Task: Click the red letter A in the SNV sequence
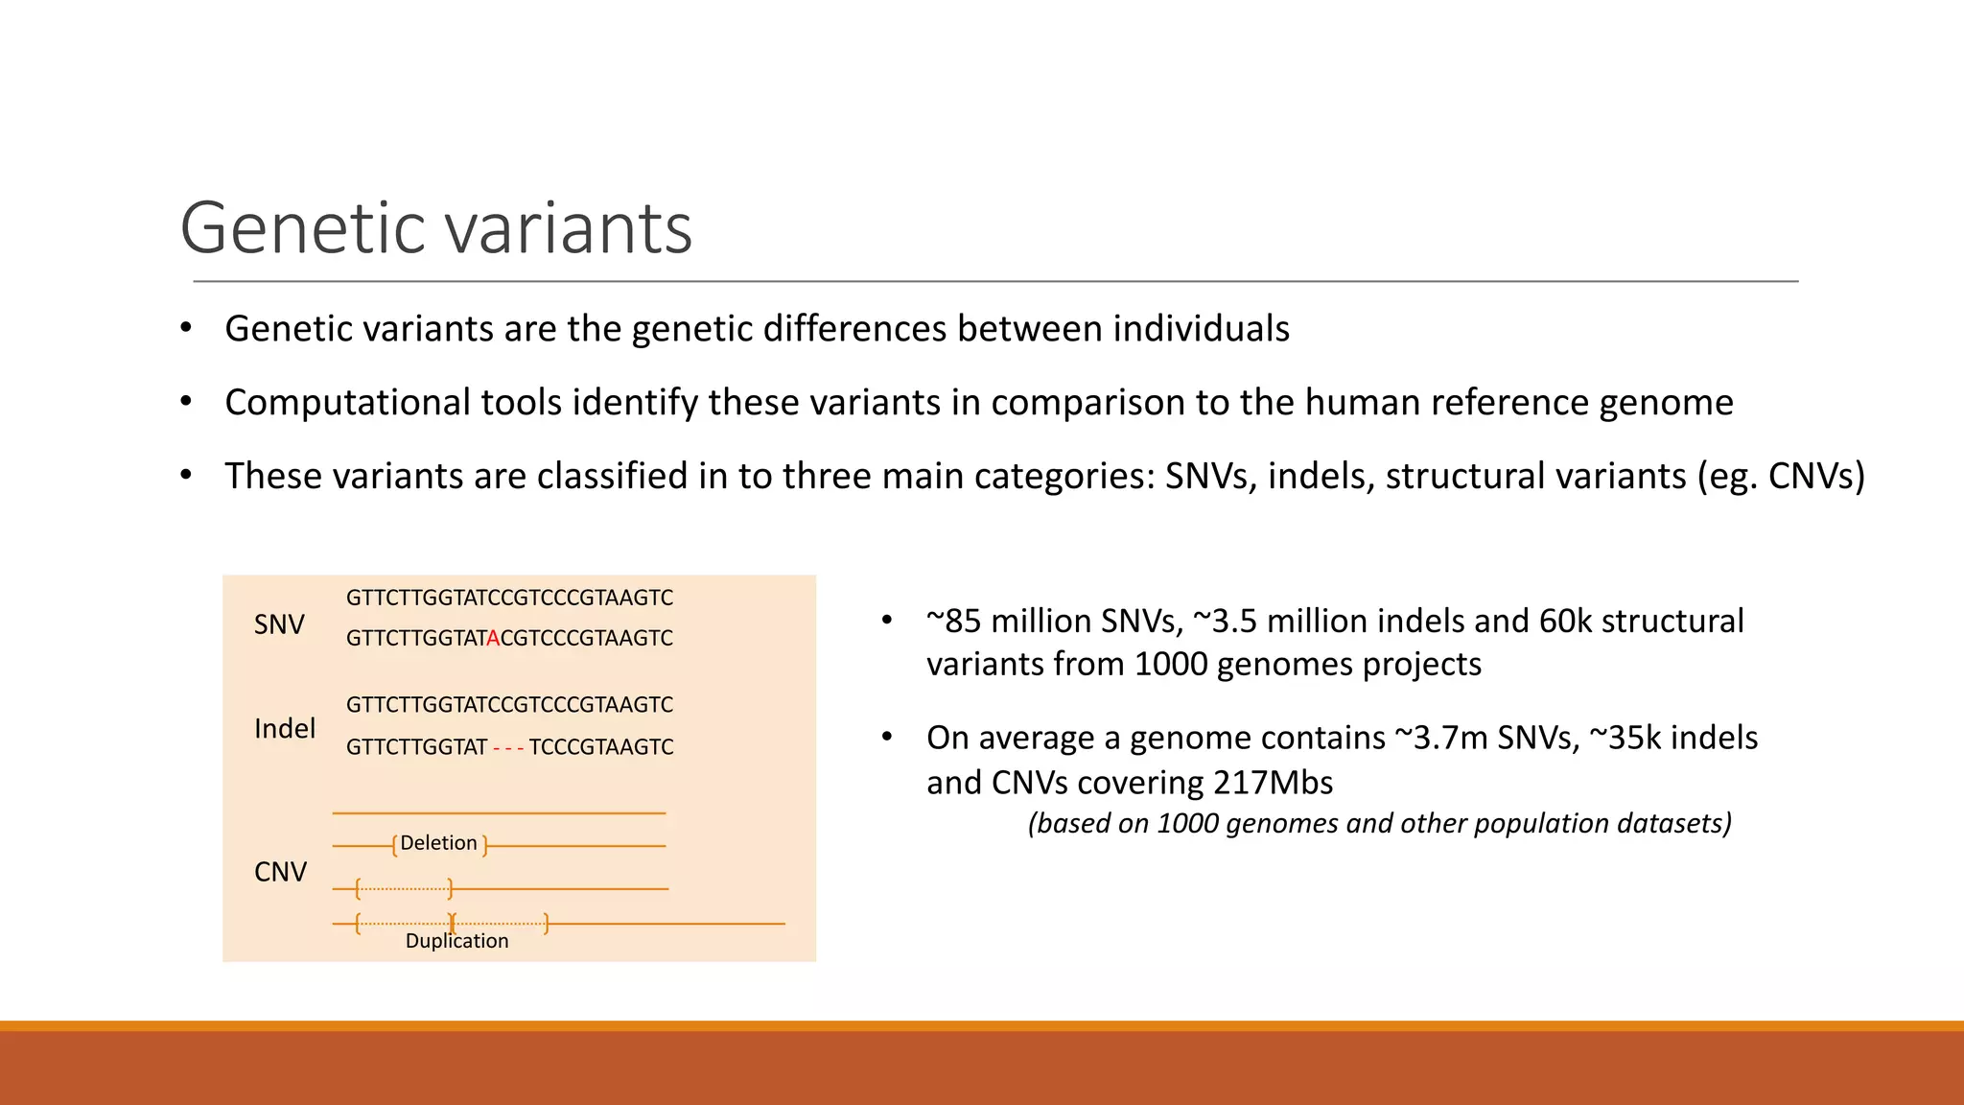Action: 493,639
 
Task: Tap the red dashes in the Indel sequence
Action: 507,747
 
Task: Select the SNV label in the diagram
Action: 279,625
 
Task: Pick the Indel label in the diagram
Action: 285,729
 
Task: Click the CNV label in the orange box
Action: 280,872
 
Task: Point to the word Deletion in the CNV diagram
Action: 438,843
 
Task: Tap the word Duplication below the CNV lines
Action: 456,941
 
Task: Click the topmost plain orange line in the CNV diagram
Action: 499,813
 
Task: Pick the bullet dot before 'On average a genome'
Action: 887,738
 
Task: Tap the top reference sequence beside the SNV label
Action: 509,599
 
